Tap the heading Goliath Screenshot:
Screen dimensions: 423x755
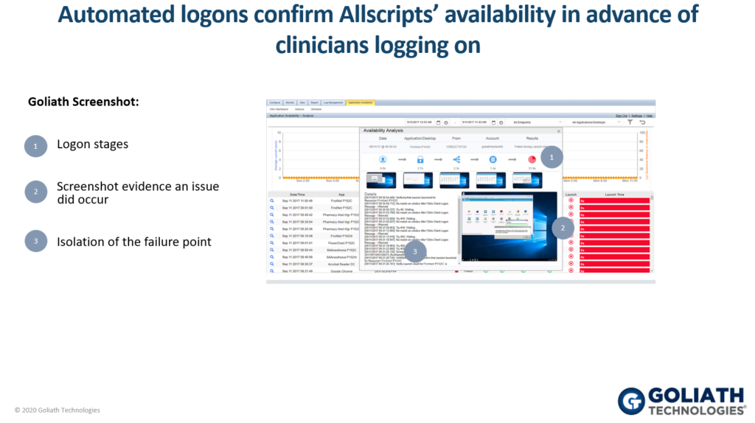(x=83, y=102)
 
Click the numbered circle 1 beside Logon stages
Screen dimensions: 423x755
(x=35, y=146)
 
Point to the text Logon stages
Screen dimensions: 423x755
(x=92, y=144)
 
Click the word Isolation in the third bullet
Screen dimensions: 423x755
(x=81, y=241)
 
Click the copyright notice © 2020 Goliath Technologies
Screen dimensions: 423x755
(x=58, y=410)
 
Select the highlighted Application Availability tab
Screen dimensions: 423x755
(x=361, y=102)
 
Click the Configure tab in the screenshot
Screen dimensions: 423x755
(x=274, y=102)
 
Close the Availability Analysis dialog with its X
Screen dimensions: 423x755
(x=558, y=130)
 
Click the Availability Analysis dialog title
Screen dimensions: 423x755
(x=384, y=130)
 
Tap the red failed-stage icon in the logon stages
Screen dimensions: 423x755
(x=532, y=159)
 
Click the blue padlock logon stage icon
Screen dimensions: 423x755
(x=420, y=159)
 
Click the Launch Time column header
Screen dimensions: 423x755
(x=615, y=195)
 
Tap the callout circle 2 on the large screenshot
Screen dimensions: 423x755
(x=563, y=228)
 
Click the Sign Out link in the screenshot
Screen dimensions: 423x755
(x=622, y=116)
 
